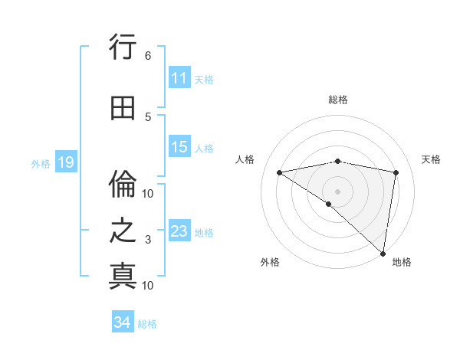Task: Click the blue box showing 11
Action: tap(179, 78)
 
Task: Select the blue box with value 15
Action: tap(179, 147)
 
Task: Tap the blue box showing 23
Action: tap(179, 231)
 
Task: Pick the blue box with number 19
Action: tap(65, 162)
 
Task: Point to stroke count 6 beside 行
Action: tap(148, 56)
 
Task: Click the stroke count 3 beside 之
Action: tap(148, 240)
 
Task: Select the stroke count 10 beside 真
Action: tap(148, 286)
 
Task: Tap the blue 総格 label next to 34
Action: tap(147, 324)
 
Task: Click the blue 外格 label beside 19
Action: tap(41, 163)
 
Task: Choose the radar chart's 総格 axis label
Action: tap(337, 100)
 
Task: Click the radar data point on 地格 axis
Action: tap(383, 253)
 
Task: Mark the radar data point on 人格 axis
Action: tap(280, 172)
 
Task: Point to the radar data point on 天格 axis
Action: tap(396, 172)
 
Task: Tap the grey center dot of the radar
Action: tap(337, 191)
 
